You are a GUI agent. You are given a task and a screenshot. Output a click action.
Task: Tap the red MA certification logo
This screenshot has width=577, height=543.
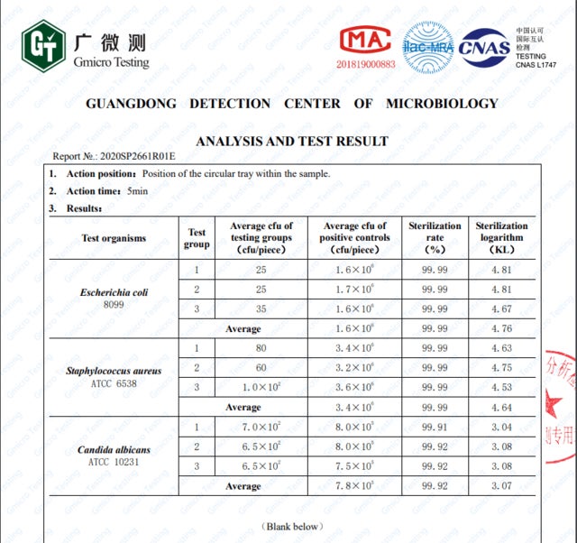click(366, 41)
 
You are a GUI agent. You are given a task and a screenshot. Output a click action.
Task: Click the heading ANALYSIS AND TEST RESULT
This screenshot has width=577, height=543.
click(292, 141)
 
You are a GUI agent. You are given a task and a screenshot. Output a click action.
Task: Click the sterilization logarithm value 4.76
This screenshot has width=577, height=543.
click(500, 328)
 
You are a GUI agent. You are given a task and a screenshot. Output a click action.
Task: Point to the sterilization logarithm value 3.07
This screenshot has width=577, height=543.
click(500, 486)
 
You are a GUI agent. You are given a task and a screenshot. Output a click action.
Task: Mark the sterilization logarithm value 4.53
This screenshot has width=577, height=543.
click(500, 388)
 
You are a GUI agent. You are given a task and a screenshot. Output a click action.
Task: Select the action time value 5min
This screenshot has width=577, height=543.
click(138, 191)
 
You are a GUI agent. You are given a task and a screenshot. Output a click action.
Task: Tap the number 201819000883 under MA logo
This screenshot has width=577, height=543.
click(366, 64)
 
